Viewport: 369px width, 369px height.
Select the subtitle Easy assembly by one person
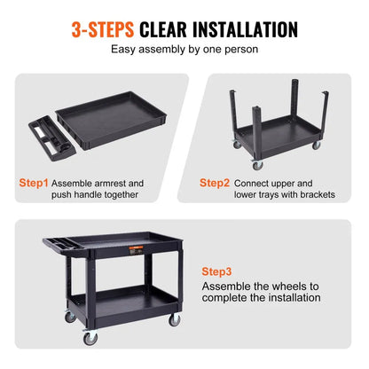pyautogui.click(x=184, y=50)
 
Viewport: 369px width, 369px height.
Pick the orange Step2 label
pyautogui.click(x=215, y=183)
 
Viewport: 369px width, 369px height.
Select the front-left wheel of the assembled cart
pyautogui.click(x=90, y=338)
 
